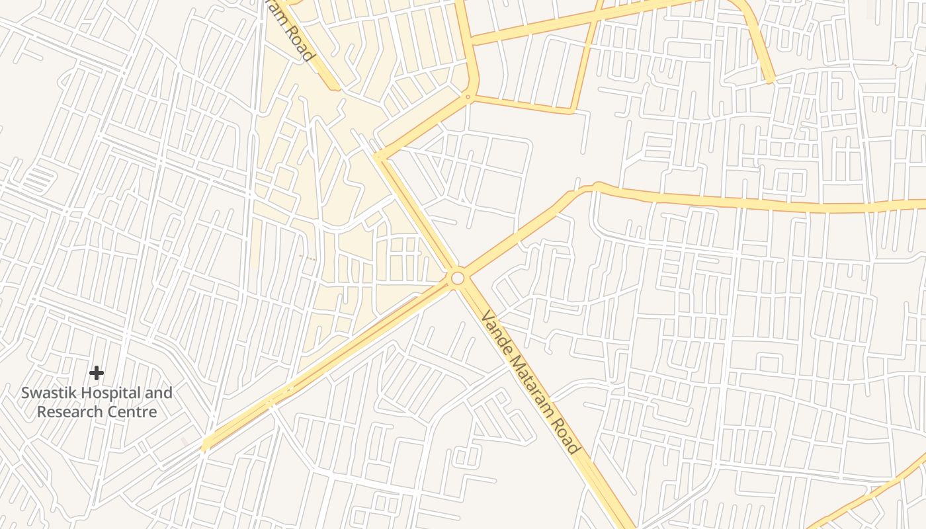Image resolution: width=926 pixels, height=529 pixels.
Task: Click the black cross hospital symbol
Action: pyautogui.click(x=97, y=373)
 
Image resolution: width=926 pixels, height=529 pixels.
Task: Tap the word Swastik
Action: pyautogui.click(x=47, y=393)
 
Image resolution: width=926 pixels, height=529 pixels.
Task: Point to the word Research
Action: pyautogui.click(x=69, y=412)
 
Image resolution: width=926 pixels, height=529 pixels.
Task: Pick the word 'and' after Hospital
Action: pyautogui.click(x=159, y=393)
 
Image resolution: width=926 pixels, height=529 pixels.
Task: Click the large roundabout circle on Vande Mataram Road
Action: pyautogui.click(x=457, y=278)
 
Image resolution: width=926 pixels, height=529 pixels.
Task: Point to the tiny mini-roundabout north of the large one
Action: pyautogui.click(x=468, y=97)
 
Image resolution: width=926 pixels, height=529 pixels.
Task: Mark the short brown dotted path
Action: pyautogui.click(x=308, y=257)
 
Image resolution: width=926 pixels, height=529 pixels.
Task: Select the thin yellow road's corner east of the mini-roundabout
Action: pyautogui.click(x=573, y=110)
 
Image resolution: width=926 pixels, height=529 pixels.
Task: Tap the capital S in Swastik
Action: pyautogui.click(x=25, y=393)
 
